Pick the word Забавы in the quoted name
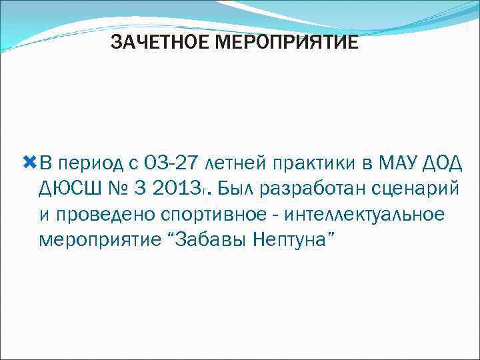tap(213, 239)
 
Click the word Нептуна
tap(291, 240)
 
